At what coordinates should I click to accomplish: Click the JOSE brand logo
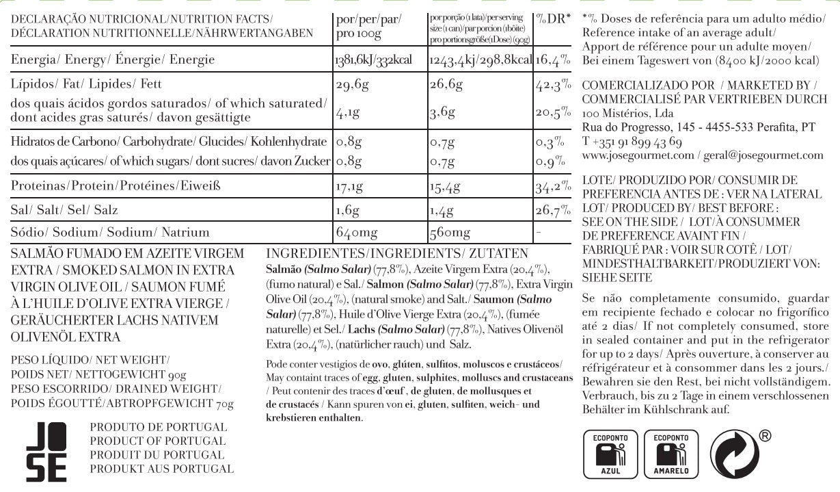(46, 449)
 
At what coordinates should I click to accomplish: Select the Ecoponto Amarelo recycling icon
(670, 453)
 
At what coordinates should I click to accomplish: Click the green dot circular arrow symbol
(735, 453)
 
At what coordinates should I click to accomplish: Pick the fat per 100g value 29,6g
(352, 86)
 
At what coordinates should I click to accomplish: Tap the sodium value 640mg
(357, 232)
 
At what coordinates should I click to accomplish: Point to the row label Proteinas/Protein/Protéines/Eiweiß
(109, 186)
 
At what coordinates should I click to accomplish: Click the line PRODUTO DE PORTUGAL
(158, 427)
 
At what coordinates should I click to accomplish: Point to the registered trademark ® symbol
(766, 435)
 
